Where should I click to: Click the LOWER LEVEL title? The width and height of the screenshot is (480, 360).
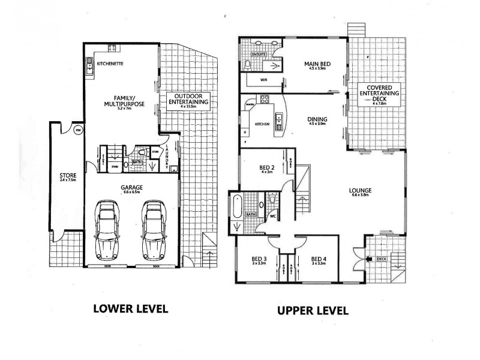coord(130,309)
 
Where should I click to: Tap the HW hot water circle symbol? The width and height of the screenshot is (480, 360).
coord(78,130)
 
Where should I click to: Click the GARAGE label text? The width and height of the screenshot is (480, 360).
coord(131,188)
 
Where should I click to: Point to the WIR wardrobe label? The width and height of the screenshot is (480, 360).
coord(263,79)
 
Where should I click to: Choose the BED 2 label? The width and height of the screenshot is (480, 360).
coord(267,168)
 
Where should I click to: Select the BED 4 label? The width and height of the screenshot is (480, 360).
coord(318,260)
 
